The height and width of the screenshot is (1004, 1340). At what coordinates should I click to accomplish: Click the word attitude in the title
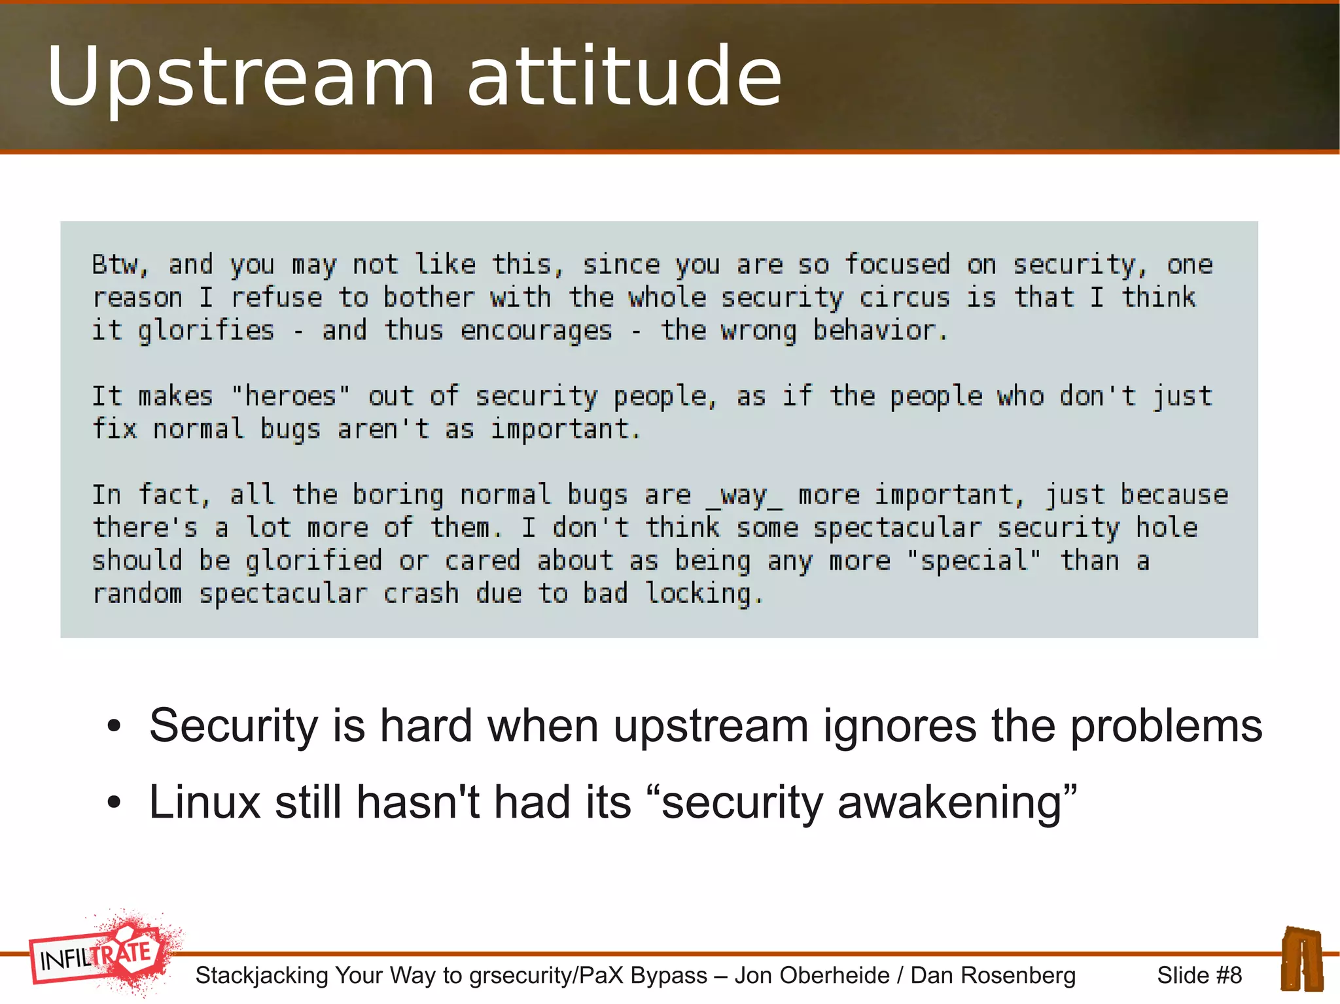point(624,77)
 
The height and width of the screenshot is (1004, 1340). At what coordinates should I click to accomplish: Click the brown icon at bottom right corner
point(1301,959)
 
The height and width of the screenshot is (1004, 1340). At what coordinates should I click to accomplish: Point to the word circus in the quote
point(904,298)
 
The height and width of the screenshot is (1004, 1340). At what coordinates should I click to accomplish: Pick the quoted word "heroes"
point(291,396)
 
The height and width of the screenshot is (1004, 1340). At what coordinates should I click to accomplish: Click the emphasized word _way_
point(744,495)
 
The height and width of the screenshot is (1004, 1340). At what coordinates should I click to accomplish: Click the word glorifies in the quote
point(205,331)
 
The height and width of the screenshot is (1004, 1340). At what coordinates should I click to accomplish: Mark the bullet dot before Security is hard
point(115,726)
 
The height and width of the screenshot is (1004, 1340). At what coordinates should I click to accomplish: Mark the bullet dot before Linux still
point(115,803)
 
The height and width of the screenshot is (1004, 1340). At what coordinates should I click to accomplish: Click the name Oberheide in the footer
point(811,975)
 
